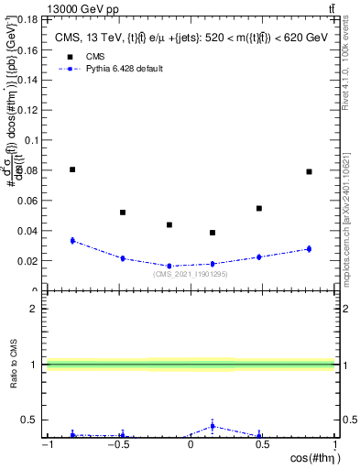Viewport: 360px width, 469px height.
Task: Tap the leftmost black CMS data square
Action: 72,169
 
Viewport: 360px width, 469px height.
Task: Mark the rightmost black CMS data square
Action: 309,171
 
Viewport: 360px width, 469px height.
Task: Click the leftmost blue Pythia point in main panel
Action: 72,241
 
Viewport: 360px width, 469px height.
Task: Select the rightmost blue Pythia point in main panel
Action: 309,249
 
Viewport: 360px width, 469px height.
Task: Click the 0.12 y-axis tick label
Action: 28,110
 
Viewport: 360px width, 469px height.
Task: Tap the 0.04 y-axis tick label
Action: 28,230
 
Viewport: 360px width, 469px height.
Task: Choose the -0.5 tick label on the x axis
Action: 117,446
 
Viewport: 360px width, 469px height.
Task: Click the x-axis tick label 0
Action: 191,446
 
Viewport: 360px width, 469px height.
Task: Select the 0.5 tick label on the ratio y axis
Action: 32,420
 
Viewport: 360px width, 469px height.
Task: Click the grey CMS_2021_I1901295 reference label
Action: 190,274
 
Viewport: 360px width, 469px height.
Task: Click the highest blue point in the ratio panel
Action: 213,426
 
